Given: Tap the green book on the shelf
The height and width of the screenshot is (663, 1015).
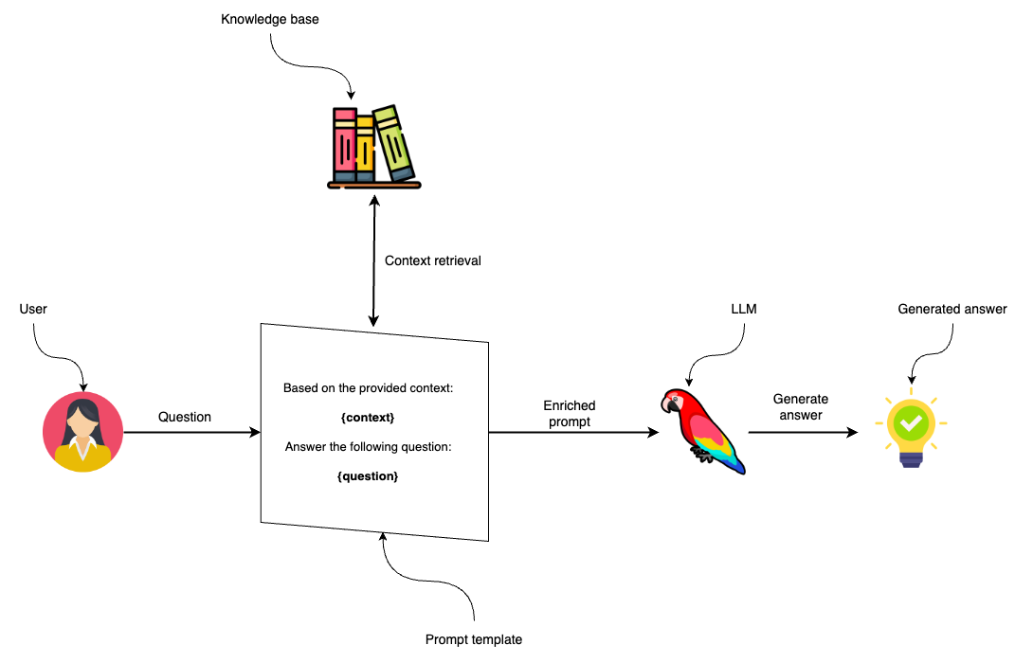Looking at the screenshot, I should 394,144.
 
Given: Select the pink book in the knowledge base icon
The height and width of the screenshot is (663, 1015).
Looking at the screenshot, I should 344,144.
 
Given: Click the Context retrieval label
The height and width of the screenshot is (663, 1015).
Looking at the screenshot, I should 432,260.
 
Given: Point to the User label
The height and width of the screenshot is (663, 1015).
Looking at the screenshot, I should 33,310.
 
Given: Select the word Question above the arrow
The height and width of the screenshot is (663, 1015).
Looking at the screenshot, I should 185,417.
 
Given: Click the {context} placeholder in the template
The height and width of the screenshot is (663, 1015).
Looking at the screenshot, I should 366,418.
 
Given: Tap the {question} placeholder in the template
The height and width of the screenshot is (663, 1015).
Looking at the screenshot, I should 368,476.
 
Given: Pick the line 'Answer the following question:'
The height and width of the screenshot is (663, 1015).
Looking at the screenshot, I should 368,447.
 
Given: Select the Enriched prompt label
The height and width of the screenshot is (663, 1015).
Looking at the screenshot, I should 569,414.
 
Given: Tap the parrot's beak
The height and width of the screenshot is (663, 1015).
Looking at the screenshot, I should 667,405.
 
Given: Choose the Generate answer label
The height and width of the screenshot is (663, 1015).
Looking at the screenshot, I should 801,407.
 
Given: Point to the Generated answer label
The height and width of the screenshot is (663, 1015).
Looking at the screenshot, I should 952,309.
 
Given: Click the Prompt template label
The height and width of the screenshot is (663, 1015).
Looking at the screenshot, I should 473,640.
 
